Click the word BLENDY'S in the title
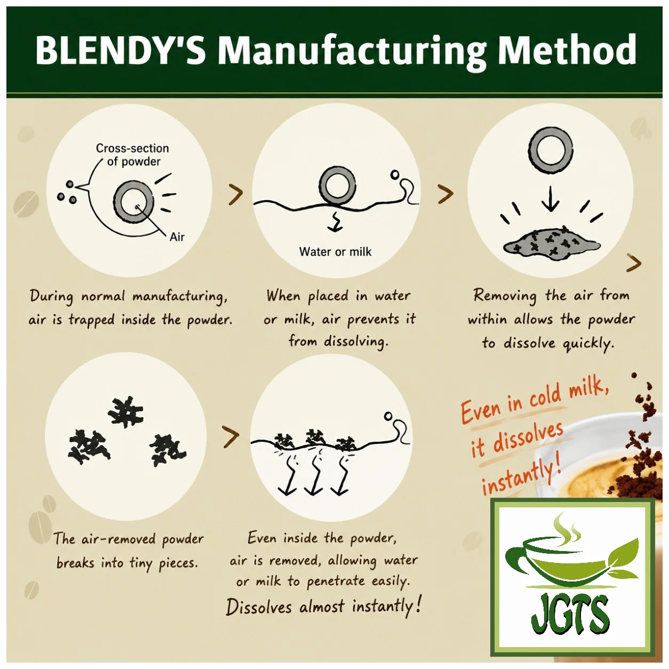pos(121,51)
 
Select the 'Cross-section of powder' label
pos(133,155)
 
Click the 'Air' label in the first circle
pos(177,237)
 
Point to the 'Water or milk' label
pos(335,252)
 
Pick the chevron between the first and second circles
pos(236,195)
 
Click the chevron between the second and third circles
pos(446,194)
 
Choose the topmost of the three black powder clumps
pos(126,412)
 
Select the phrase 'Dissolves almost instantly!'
pos(324,607)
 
